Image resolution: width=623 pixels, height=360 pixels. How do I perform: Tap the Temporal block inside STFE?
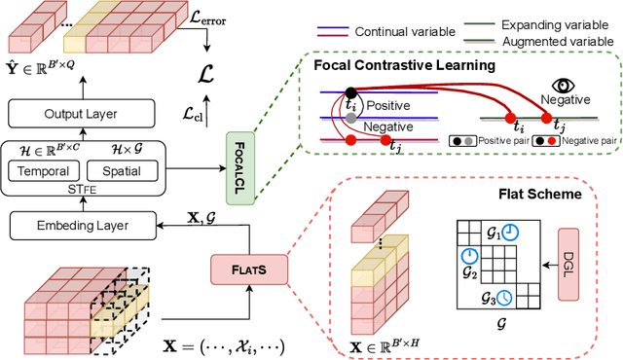pyautogui.click(x=46, y=172)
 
